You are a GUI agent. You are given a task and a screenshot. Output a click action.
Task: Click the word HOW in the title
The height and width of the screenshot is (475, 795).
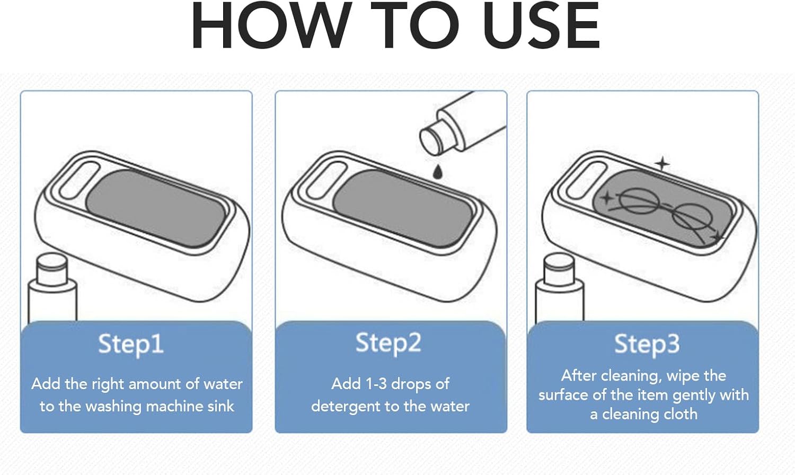coord(272,25)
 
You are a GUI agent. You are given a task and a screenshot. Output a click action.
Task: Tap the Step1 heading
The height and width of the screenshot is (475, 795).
coord(131,345)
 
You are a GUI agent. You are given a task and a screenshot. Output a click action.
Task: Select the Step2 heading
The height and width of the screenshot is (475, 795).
coord(388,343)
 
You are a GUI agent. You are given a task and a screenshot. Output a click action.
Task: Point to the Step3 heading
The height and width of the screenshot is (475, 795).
coord(647,345)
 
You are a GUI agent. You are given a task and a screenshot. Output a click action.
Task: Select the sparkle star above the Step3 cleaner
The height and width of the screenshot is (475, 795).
coord(662,164)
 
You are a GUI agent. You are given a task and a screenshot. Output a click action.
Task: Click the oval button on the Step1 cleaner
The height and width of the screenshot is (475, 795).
coord(79,180)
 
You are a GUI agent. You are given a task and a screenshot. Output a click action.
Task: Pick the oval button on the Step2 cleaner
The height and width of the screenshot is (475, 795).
coord(326,180)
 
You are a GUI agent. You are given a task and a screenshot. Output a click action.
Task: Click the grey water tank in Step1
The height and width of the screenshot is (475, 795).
coord(156,209)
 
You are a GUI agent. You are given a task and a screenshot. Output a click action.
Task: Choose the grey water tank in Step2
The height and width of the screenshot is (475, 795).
coord(402,209)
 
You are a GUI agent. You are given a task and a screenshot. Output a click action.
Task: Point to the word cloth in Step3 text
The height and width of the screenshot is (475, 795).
coord(680,414)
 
